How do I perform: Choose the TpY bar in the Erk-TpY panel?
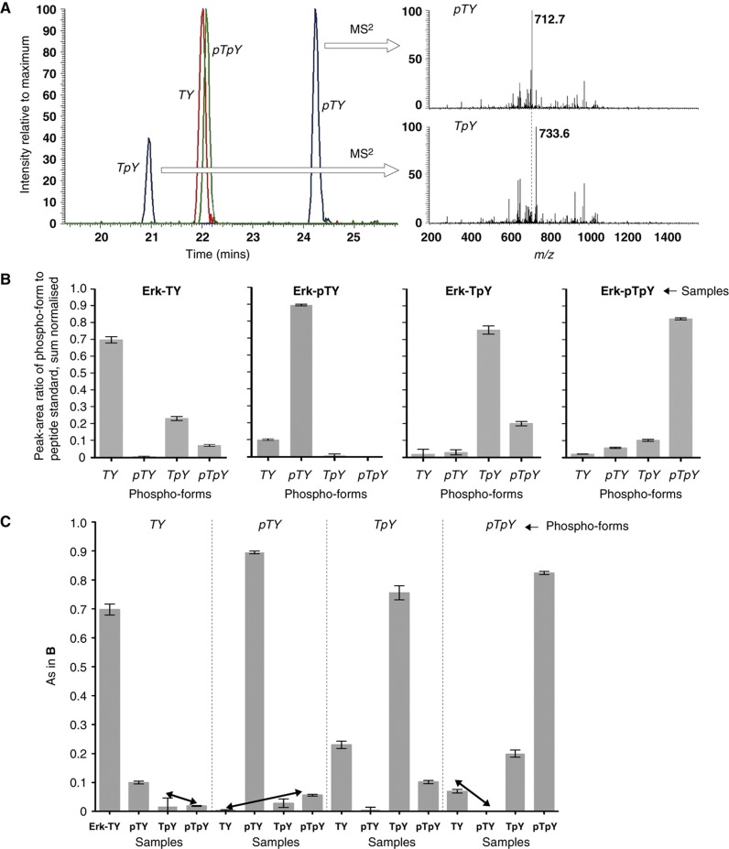click(489, 393)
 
